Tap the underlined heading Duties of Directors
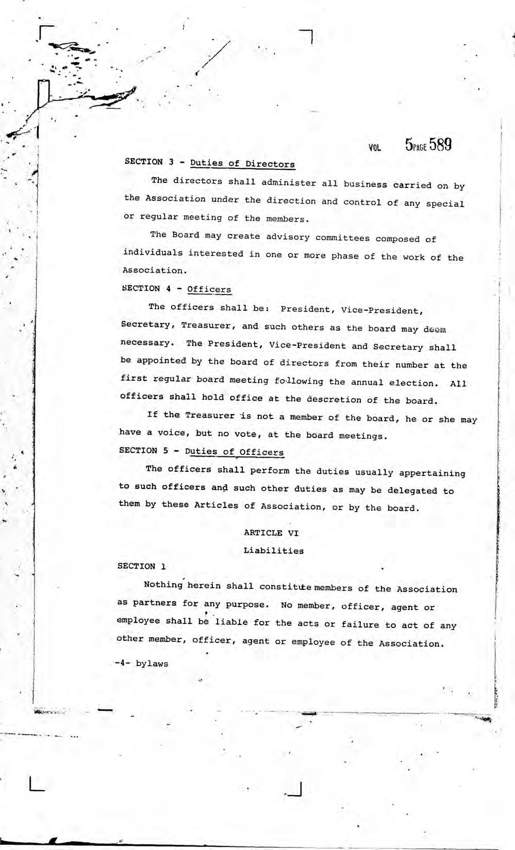(242, 164)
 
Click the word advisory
(288, 237)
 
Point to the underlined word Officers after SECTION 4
(209, 289)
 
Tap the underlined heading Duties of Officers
(234, 452)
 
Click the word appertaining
(432, 473)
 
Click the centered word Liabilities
(273, 551)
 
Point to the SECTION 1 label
(141, 566)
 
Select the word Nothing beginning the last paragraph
(163, 585)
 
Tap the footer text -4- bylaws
(142, 664)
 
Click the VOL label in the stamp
(374, 148)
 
